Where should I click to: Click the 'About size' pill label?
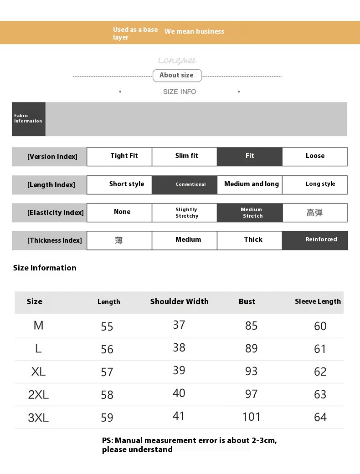(x=176, y=76)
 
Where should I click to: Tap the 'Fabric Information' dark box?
(x=28, y=119)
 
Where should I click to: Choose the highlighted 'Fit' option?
(x=250, y=156)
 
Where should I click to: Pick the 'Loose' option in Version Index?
(x=315, y=156)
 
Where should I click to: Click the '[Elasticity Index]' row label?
(x=49, y=213)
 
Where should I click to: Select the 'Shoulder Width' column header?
(x=180, y=301)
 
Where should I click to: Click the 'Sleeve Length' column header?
(x=318, y=301)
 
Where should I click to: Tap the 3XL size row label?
(x=38, y=418)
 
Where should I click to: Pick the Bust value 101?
(x=252, y=417)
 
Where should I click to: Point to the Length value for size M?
(x=107, y=326)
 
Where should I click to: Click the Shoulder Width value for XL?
(x=179, y=370)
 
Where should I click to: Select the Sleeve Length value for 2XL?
(x=320, y=394)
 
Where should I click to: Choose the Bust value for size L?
(x=252, y=348)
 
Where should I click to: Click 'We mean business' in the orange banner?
(x=194, y=31)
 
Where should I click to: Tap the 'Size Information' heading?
(x=45, y=268)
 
